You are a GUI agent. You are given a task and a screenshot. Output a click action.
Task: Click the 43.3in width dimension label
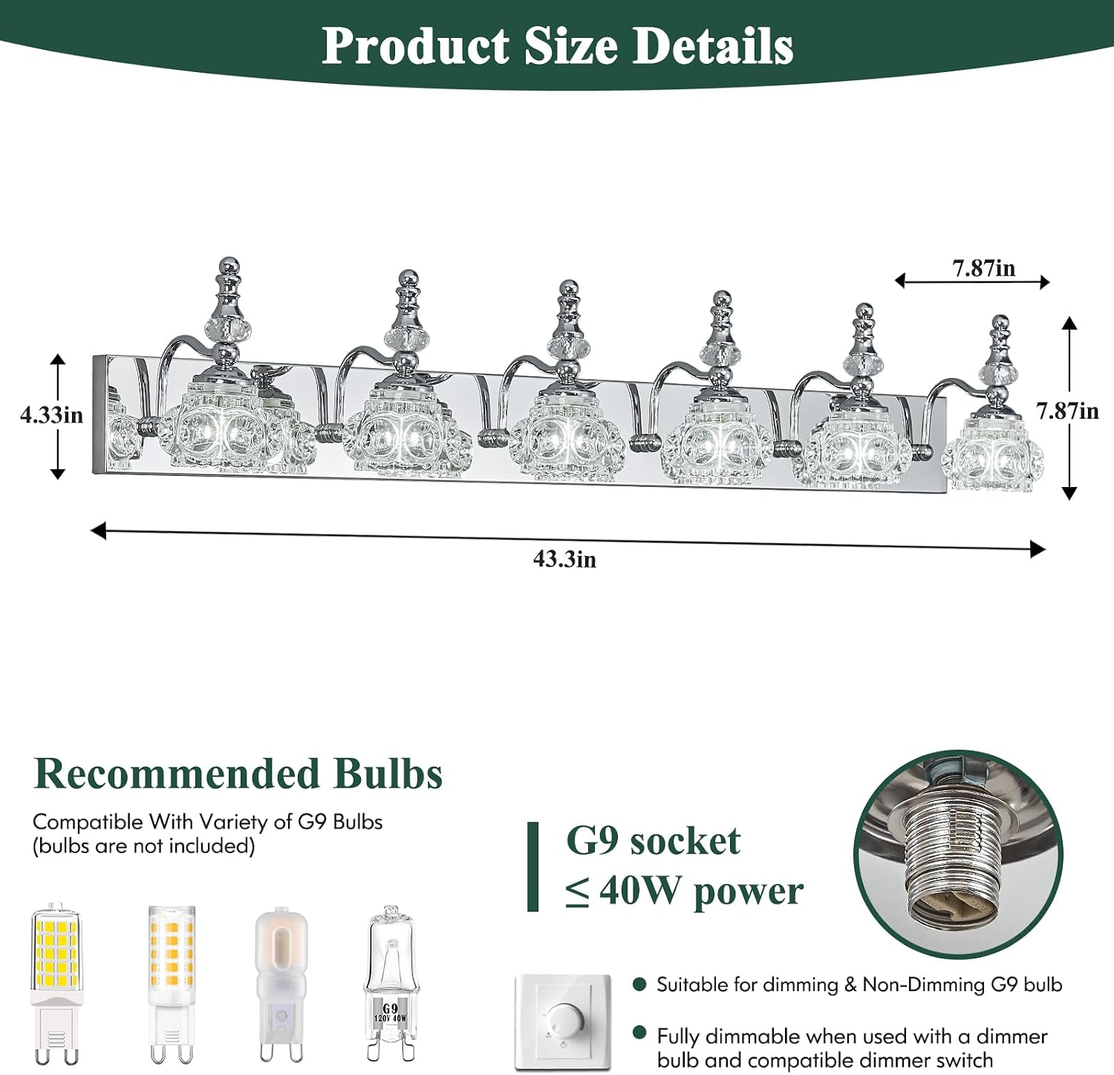click(x=564, y=559)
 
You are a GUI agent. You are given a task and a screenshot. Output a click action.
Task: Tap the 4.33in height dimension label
click(x=52, y=415)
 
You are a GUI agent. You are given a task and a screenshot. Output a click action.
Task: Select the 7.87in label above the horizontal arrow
click(x=984, y=268)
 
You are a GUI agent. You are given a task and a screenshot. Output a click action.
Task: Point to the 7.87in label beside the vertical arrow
click(x=1067, y=411)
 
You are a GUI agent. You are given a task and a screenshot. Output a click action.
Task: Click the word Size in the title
click(x=570, y=46)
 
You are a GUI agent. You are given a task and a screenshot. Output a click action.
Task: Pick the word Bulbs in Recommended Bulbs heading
click(x=388, y=774)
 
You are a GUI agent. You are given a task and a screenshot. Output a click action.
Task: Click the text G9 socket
click(x=653, y=841)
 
